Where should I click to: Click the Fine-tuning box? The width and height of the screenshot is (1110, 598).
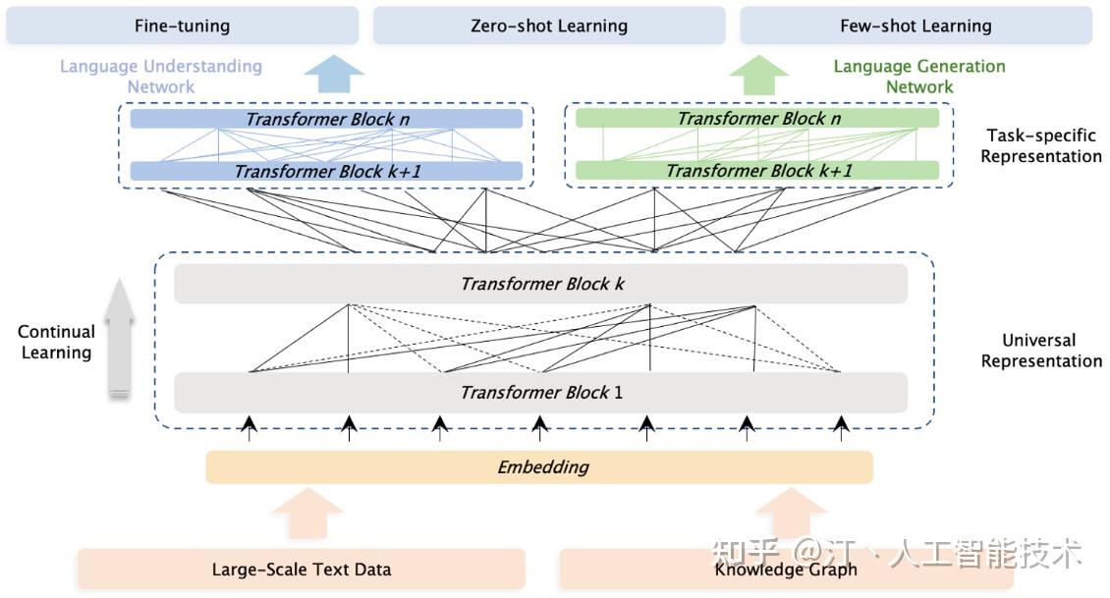(x=183, y=26)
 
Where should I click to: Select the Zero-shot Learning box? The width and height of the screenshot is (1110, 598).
(x=549, y=26)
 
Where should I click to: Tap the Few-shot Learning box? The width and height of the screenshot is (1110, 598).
(x=916, y=26)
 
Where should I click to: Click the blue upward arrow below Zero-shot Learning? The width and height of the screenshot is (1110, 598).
(x=334, y=74)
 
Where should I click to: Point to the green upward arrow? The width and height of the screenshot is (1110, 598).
(x=759, y=75)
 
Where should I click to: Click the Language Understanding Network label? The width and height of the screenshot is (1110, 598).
(x=161, y=77)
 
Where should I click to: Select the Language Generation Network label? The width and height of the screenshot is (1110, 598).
(x=919, y=77)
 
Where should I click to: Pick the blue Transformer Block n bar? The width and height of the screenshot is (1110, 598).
(x=326, y=119)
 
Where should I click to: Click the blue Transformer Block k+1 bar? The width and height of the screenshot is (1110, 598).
(x=326, y=171)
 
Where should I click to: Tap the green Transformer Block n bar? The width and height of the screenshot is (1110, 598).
(x=757, y=118)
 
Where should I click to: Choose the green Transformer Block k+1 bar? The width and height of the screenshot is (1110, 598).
(x=757, y=171)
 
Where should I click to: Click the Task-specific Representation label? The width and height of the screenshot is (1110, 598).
(x=1040, y=145)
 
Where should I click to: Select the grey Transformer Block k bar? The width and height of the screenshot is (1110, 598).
(x=541, y=284)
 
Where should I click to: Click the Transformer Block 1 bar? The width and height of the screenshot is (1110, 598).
(x=541, y=392)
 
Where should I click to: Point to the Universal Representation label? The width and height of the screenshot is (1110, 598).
(x=1040, y=351)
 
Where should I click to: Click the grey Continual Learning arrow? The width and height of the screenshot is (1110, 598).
(x=120, y=338)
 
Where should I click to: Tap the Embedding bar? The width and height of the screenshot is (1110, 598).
(x=539, y=467)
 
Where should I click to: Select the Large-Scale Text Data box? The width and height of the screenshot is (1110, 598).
(x=302, y=569)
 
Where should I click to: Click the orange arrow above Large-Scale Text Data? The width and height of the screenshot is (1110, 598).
(x=307, y=514)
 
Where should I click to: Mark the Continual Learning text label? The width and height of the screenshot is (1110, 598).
(x=56, y=342)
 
